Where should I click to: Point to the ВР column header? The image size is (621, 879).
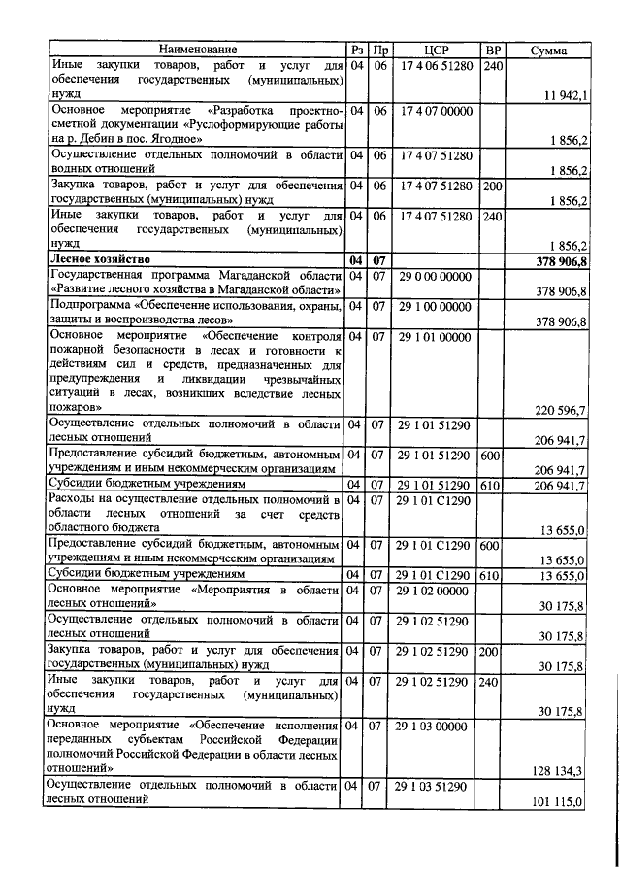click(x=493, y=50)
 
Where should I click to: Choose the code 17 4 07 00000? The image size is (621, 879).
click(x=437, y=111)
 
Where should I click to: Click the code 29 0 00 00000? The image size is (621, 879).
click(x=437, y=277)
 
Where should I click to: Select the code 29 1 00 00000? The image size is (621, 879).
click(x=437, y=307)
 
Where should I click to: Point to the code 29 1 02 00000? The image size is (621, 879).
click(x=437, y=591)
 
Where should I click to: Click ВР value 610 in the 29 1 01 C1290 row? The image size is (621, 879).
click(x=493, y=576)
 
